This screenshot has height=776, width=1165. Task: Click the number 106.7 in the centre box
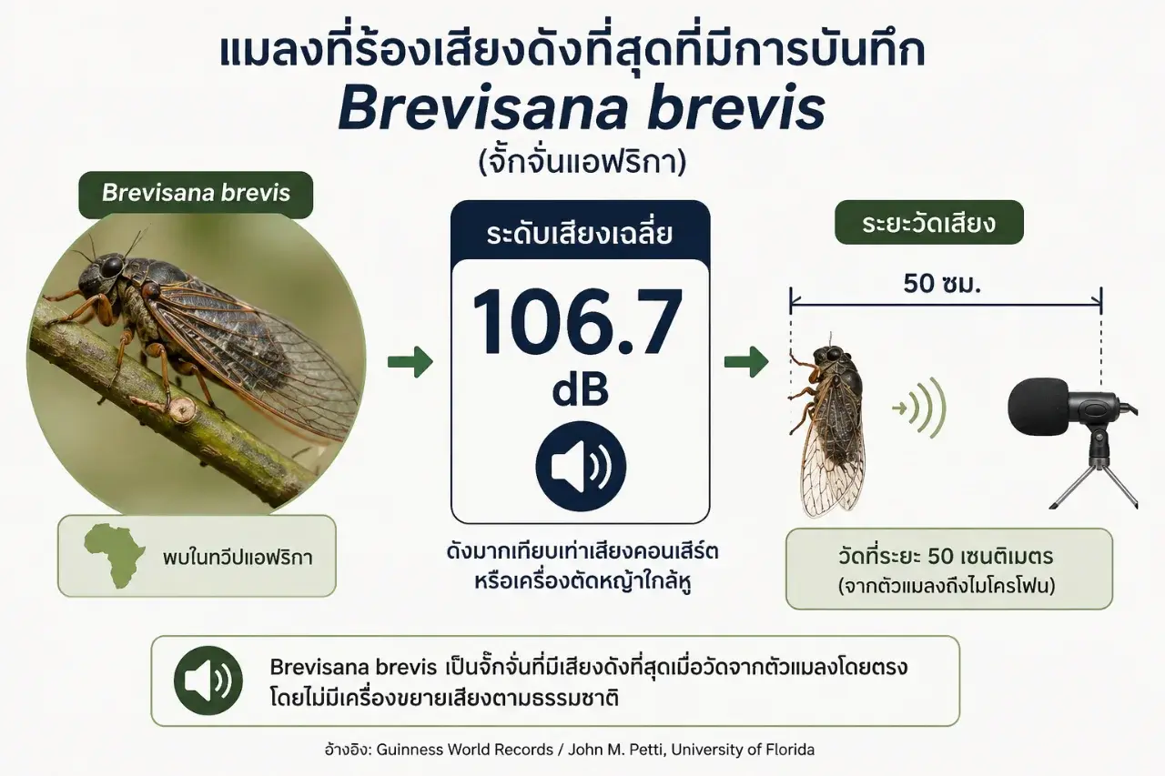577,322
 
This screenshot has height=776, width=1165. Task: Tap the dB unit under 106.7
581,390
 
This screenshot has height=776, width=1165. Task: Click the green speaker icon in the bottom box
208,680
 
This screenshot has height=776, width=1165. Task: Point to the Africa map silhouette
116,556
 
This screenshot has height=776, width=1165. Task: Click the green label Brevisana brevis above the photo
196,194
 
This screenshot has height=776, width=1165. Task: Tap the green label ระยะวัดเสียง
929,223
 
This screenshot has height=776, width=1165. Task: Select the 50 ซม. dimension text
942,284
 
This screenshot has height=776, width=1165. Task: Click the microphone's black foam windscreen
1037,407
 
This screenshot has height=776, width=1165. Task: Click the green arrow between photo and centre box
410,362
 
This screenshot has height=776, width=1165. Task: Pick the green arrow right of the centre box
747,362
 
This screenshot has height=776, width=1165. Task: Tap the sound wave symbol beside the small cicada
919,408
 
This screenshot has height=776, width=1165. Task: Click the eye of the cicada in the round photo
112,267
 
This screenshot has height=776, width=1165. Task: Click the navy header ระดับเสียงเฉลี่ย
580,234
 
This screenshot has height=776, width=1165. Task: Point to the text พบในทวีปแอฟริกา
238,558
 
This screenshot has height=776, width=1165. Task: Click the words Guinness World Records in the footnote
464,750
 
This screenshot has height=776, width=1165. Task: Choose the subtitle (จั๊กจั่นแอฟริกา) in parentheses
582,163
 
